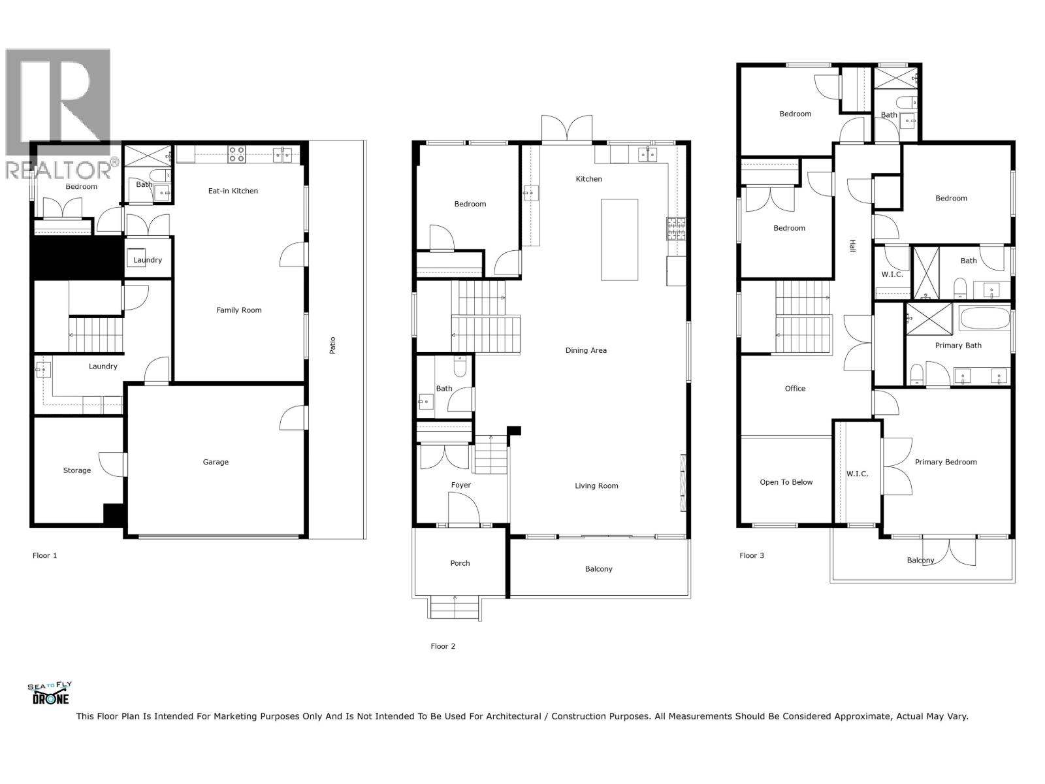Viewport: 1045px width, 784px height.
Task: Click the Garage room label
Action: point(216,462)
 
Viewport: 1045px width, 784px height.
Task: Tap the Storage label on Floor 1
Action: point(77,470)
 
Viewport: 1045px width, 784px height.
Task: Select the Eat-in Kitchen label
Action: point(233,191)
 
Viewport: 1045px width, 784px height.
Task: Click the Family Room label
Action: point(239,310)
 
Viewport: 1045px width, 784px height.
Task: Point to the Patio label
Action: point(332,345)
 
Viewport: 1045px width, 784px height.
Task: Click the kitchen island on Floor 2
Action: point(619,240)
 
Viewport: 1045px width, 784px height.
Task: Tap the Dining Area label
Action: point(586,350)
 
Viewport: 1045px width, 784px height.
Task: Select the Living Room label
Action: point(596,485)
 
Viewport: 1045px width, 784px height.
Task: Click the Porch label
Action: point(460,563)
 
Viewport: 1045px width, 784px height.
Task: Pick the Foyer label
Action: point(461,485)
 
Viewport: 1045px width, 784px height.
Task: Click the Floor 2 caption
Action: point(443,646)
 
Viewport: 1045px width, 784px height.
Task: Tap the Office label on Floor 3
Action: point(795,388)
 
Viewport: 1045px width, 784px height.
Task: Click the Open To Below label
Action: point(786,482)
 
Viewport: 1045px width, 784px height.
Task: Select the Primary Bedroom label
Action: point(946,462)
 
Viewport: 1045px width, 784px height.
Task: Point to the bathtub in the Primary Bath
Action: point(984,320)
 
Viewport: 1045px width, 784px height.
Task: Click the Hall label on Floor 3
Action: point(852,246)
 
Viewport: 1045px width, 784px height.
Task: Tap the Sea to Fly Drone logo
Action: point(50,693)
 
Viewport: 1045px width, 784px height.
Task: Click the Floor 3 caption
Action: point(752,555)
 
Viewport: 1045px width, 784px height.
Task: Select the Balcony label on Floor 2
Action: point(599,569)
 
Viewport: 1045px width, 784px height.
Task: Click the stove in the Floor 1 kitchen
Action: point(236,155)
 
